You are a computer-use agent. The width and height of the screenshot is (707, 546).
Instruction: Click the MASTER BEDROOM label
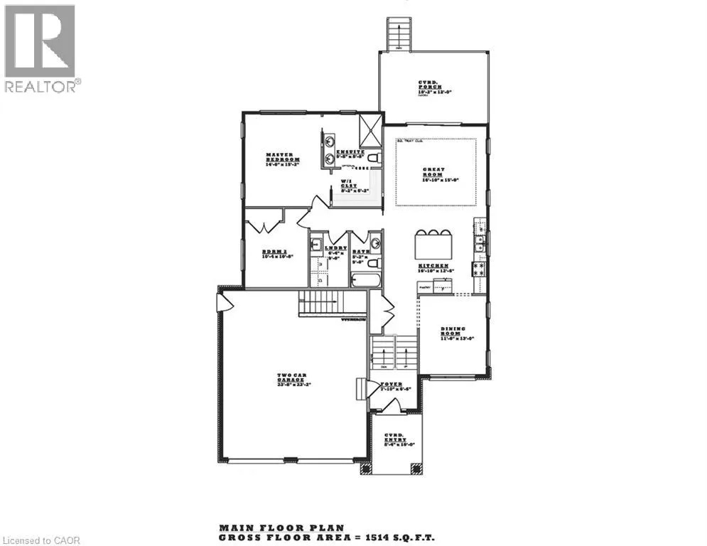(283, 159)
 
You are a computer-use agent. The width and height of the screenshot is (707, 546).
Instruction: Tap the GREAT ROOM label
(434, 173)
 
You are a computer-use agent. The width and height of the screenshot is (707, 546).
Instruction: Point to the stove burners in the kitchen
(479, 268)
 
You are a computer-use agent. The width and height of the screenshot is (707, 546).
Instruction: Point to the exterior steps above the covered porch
(398, 33)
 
